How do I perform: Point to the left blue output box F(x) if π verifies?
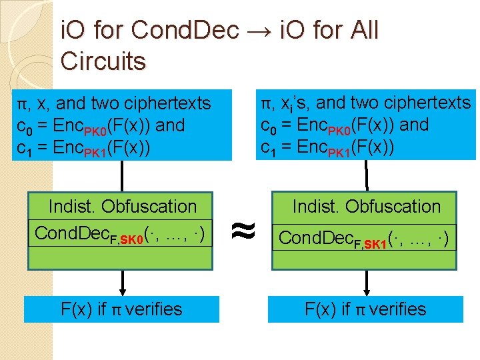click(x=121, y=309)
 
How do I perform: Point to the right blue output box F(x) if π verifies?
click(x=365, y=309)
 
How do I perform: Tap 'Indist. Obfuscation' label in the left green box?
click(x=123, y=207)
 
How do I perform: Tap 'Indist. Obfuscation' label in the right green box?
click(x=366, y=207)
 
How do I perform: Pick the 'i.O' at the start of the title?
click(x=74, y=31)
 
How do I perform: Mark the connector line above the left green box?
click(x=122, y=176)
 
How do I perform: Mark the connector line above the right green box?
click(x=366, y=176)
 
